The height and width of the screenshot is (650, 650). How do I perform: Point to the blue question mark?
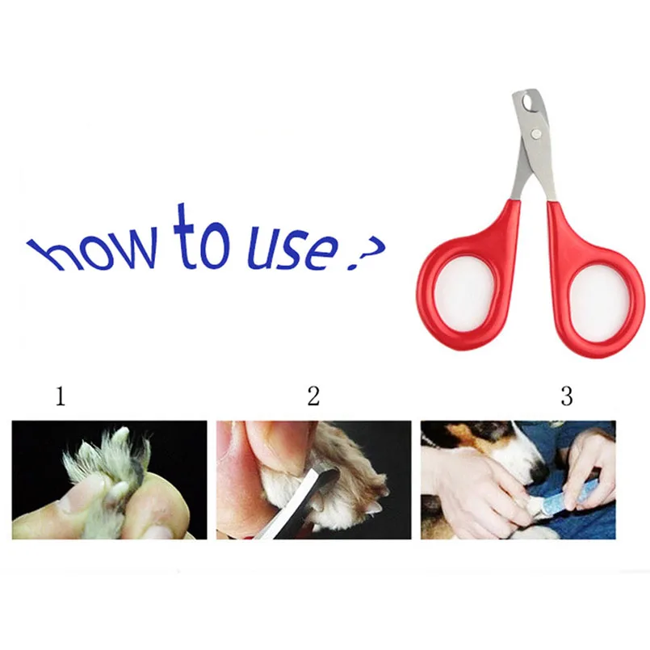pyautogui.click(x=365, y=254)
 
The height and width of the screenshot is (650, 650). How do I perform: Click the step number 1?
pyautogui.click(x=61, y=396)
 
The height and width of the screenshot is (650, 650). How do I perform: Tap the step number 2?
pyautogui.click(x=313, y=396)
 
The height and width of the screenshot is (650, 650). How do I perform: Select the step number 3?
pyautogui.click(x=567, y=396)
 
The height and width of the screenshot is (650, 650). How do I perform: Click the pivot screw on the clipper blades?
pyautogui.click(x=536, y=133)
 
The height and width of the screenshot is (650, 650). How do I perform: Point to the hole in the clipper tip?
pyautogui.click(x=528, y=101)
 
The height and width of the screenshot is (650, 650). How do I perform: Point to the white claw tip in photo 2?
pyautogui.click(x=376, y=508)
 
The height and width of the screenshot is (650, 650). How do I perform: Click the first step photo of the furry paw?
pyautogui.click(x=110, y=480)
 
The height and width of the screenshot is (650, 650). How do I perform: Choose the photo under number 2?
pyautogui.click(x=314, y=480)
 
